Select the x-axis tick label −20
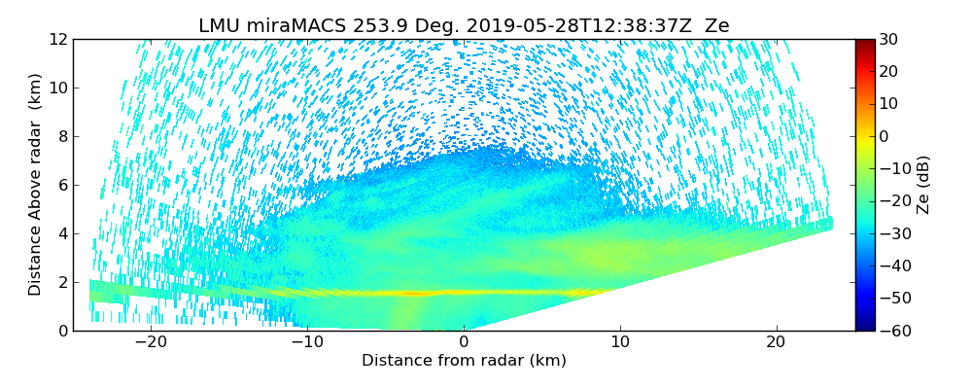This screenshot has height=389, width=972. pos(151,343)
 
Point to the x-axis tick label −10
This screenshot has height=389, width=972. pos(307,343)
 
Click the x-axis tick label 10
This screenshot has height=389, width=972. pos(620,343)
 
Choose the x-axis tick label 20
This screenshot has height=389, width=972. pos(777,343)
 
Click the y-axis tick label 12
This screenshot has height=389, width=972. pos(57,39)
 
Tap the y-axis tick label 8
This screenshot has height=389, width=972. pos(61,136)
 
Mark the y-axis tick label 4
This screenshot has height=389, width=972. pos(61,233)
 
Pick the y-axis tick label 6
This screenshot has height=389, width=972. pos(61,185)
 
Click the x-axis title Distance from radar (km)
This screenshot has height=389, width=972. pos(464,361)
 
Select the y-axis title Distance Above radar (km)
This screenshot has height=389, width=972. pos(35,185)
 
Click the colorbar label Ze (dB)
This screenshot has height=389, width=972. pos(923,185)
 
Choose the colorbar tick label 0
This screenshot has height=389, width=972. pos(885,136)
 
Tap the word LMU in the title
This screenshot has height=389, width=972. pos(220,26)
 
